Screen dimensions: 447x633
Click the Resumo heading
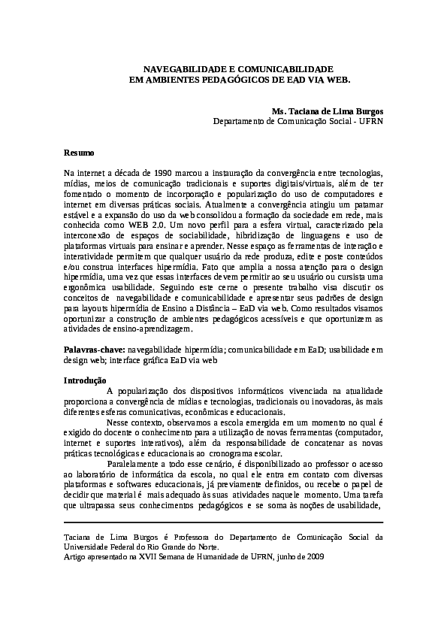78,153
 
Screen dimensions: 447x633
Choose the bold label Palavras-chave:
94,349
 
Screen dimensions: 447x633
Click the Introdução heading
85,380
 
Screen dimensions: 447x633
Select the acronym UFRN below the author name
370,120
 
